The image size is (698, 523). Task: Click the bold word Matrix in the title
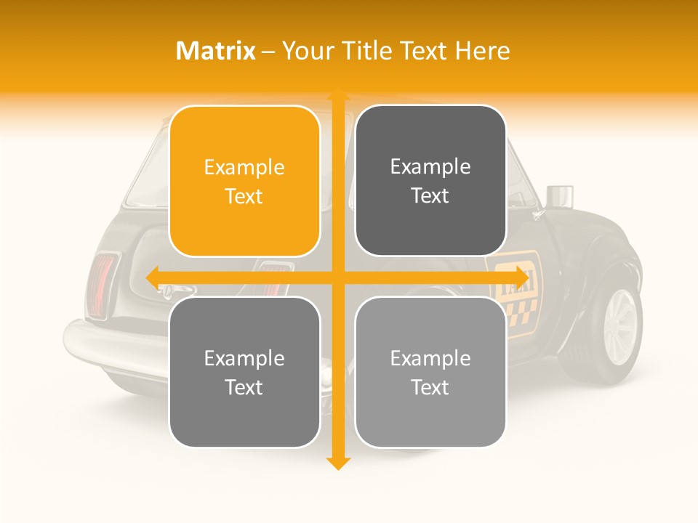coord(216,51)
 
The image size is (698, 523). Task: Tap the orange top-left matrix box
coord(244,181)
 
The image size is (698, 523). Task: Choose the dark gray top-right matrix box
coord(430,181)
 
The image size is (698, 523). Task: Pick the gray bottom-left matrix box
coord(244,372)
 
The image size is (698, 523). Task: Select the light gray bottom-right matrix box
coord(430,372)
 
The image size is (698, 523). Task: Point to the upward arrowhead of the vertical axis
coord(337,95)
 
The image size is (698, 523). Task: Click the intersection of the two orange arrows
coord(337,277)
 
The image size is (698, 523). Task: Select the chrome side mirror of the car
coord(558,195)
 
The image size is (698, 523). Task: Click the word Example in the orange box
coord(244,167)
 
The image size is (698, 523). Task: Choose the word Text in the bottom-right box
coord(430,387)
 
